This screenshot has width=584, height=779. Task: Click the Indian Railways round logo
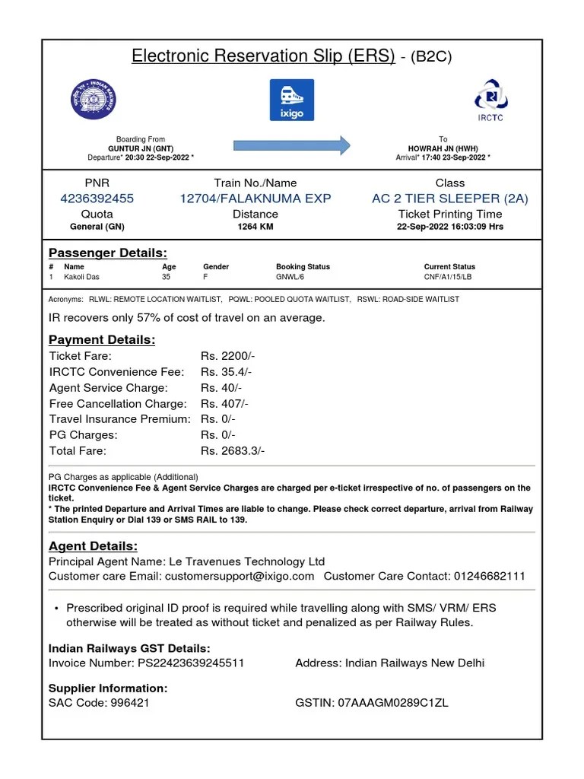click(x=94, y=99)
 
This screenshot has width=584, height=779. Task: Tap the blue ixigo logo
click(x=291, y=100)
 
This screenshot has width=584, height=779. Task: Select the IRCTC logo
click(x=490, y=99)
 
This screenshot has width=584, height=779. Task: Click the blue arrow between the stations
click(x=291, y=145)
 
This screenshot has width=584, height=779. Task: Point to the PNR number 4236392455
click(x=97, y=199)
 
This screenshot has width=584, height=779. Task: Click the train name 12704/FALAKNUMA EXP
click(x=255, y=199)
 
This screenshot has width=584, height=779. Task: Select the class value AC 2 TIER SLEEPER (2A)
click(x=449, y=199)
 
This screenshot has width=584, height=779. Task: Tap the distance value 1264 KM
click(x=255, y=227)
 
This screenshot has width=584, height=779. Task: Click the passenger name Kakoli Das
click(x=81, y=278)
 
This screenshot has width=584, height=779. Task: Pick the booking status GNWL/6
click(x=290, y=278)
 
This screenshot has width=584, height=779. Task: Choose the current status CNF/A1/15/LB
click(x=449, y=278)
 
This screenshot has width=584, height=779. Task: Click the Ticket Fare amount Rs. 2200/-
click(x=227, y=356)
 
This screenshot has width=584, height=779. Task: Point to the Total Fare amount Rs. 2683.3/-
click(x=233, y=451)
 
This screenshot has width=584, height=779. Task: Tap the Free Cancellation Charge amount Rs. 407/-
click(x=224, y=404)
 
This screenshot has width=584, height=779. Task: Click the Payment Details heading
click(x=102, y=340)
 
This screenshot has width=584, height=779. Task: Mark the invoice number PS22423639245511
click(x=191, y=663)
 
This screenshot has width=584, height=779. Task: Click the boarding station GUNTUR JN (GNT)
click(x=141, y=148)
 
